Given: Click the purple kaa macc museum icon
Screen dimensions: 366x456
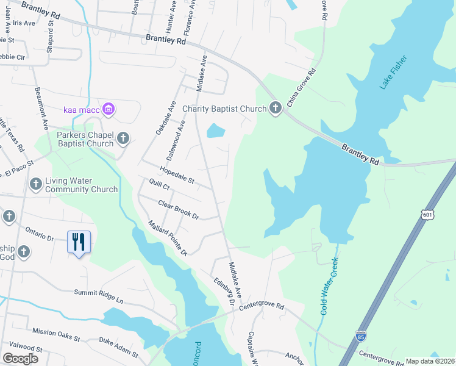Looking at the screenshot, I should tap(109, 109).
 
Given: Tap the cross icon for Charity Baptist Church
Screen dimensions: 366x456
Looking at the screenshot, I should tap(275, 109).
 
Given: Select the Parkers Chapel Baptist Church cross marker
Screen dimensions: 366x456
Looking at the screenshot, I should tap(123, 138).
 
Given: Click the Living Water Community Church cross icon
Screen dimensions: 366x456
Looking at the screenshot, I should tap(36, 184).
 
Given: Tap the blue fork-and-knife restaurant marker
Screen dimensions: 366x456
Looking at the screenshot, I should tap(79, 242).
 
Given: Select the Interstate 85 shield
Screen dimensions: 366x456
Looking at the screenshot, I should tap(361, 336).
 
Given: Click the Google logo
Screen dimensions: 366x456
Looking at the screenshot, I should tap(20, 358).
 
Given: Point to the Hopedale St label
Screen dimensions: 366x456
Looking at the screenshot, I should tap(176, 176).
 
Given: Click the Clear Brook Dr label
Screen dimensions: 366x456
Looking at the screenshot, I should tap(179, 210).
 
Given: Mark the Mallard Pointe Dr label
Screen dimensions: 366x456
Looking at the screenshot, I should tap(166, 237).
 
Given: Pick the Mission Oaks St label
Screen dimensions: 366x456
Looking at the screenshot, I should tap(56, 334).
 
